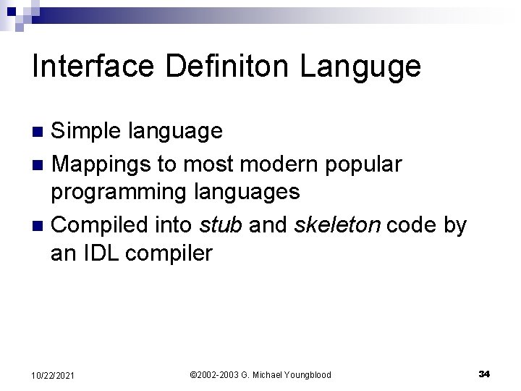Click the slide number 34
pyautogui.click(x=485, y=374)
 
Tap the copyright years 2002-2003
pyautogui.click(x=214, y=374)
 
